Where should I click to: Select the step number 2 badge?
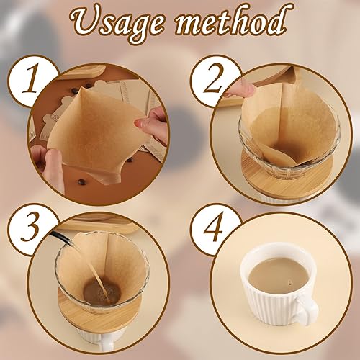[x=215, y=80]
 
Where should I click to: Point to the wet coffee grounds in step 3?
[x=102, y=292]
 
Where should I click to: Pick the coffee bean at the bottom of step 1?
[x=80, y=183]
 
